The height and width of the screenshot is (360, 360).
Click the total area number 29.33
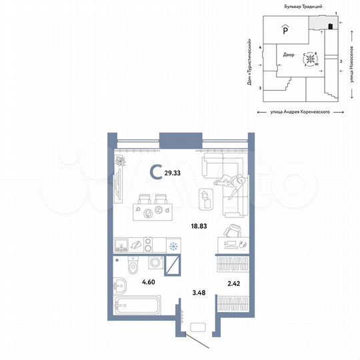tap(173, 172)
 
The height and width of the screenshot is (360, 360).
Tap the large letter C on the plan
tap(155, 173)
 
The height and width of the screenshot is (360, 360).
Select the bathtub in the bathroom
tap(137, 311)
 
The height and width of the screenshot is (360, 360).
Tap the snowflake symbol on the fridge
tap(173, 247)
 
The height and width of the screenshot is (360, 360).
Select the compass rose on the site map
tap(310, 60)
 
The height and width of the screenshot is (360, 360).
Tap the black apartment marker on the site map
tap(330, 27)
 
